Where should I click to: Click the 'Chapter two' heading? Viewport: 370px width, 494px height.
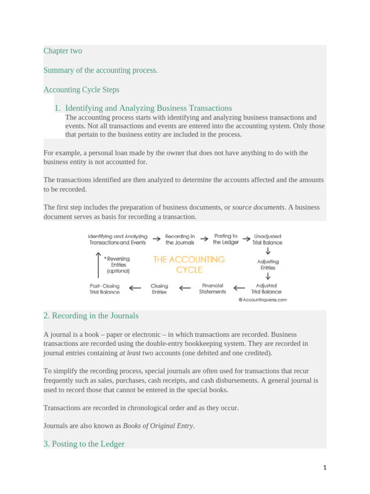[x=63, y=51]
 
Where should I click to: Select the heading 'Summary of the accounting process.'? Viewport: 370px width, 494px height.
[x=100, y=70]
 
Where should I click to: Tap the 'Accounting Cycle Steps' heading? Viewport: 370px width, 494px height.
[x=81, y=89]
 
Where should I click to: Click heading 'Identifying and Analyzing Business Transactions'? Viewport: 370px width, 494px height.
[x=148, y=108]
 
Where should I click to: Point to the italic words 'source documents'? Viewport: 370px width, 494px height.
[x=258, y=207]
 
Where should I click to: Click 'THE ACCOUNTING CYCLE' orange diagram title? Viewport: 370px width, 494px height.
[x=189, y=264]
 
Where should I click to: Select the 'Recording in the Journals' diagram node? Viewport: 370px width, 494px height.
[x=180, y=240]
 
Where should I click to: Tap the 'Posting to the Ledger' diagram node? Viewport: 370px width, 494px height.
[x=226, y=240]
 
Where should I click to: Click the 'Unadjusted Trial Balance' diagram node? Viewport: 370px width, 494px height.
[x=268, y=240]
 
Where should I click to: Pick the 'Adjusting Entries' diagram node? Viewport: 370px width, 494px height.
[x=268, y=265]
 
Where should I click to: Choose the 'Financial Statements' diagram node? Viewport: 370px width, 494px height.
[x=212, y=288]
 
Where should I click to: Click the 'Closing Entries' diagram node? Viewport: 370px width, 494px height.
[x=159, y=288]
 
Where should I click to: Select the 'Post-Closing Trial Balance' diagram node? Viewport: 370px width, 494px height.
[x=105, y=288]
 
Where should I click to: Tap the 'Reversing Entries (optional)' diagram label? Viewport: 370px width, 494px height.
[x=118, y=265]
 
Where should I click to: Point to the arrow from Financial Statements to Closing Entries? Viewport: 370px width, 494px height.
[x=185, y=288]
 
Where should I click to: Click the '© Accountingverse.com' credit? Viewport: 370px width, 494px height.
[x=263, y=300]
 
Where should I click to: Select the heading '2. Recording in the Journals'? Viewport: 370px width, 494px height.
[x=91, y=316]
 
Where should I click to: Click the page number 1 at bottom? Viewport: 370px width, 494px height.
[x=325, y=467]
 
